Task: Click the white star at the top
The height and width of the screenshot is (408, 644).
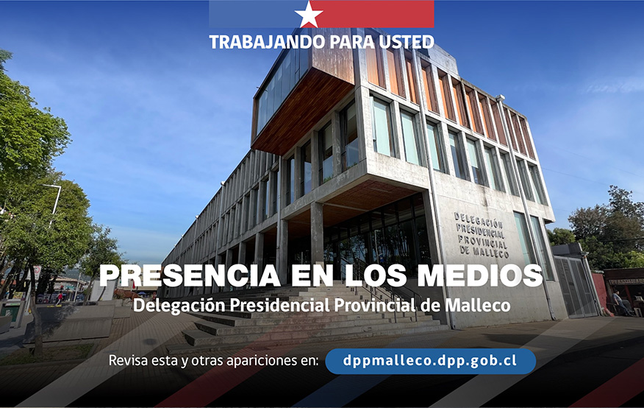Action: tap(309, 13)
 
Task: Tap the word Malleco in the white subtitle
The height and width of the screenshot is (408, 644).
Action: tap(485, 304)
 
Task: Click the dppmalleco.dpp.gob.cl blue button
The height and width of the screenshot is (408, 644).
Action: tap(430, 361)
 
